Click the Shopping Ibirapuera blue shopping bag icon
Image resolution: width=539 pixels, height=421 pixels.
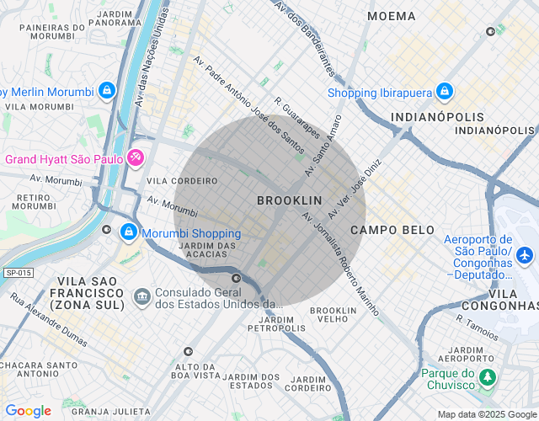445,92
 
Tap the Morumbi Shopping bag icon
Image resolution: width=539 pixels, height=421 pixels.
129,231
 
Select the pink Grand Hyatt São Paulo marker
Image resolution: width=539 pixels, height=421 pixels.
136,158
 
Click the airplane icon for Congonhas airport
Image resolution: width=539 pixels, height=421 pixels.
526,253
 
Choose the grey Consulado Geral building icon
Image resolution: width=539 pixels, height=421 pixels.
141,296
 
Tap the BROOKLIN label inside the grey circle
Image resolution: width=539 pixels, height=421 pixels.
289,200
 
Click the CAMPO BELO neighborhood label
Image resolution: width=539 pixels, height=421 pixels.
392,230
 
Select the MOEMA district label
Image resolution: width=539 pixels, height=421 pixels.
392,16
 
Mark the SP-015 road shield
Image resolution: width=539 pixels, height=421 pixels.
17,273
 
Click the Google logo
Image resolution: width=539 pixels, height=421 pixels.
28,411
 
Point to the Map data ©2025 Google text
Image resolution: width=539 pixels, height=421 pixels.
486,413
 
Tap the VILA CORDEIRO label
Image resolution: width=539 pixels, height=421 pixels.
182,181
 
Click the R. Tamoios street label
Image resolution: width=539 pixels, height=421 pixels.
478,320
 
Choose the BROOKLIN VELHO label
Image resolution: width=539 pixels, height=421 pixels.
334,316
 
